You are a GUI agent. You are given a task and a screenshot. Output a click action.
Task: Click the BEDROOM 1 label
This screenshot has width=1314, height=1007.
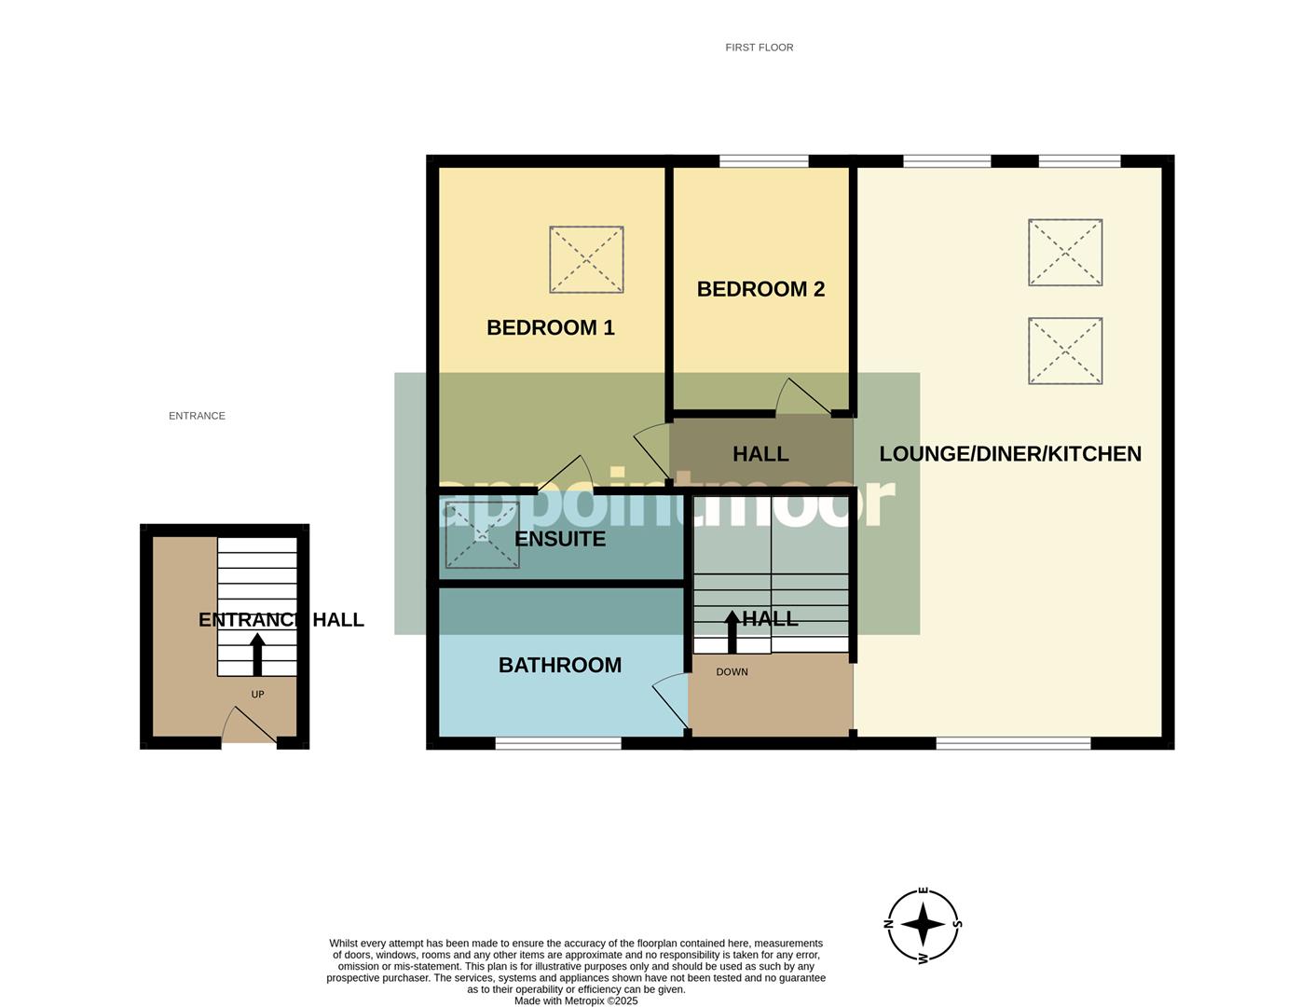click(x=550, y=327)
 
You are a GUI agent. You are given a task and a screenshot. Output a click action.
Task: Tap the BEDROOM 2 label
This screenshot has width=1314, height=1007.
click(x=760, y=289)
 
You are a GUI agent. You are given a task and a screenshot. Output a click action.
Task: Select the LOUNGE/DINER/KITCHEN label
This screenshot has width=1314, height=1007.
click(x=1010, y=454)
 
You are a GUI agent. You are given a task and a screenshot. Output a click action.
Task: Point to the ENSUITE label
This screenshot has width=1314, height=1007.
click(x=559, y=539)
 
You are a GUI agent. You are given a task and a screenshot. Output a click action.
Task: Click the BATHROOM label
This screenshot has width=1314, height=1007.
click(x=559, y=666)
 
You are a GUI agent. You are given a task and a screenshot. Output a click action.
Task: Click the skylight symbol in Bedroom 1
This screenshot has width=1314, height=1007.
click(x=586, y=259)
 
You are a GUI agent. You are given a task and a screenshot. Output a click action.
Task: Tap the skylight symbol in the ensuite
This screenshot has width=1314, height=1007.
click(x=482, y=535)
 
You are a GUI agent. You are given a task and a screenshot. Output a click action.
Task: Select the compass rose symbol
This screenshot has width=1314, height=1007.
click(x=923, y=925)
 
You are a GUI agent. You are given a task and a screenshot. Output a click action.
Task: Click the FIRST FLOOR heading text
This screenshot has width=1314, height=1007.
click(x=760, y=48)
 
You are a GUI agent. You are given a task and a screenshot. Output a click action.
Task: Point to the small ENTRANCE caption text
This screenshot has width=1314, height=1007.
click(x=197, y=416)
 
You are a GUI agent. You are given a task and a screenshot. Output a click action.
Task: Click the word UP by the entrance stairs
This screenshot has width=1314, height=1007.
click(x=258, y=695)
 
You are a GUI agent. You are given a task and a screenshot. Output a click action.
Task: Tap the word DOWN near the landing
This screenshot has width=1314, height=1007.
click(x=732, y=672)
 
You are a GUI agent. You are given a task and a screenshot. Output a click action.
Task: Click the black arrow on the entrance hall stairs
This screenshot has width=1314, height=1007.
click(x=257, y=654)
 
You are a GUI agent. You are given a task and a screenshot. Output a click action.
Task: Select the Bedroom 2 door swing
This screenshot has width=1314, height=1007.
click(x=802, y=397)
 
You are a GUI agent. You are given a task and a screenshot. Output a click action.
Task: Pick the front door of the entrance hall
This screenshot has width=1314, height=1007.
click(x=248, y=726)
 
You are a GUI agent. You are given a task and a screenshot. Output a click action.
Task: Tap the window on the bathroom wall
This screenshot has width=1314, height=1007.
click(x=558, y=743)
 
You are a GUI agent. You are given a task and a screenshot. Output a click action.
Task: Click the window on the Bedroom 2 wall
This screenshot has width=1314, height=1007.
click(x=763, y=162)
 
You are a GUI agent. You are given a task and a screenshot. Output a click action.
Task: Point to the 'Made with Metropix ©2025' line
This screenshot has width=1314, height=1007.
click(x=576, y=1000)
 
